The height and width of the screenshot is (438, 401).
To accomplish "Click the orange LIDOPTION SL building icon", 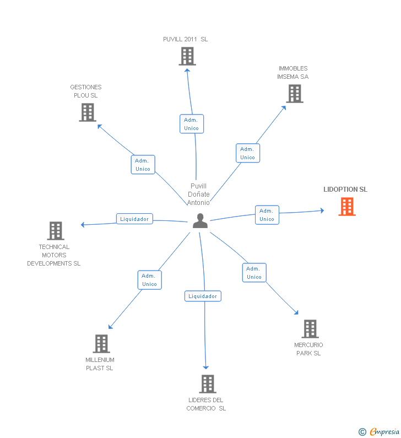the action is [x=347, y=207].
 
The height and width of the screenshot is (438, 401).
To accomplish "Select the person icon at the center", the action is [x=200, y=221].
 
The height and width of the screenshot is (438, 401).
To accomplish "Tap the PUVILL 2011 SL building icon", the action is [x=187, y=56].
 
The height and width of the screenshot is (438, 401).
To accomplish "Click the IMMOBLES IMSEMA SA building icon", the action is [x=295, y=94].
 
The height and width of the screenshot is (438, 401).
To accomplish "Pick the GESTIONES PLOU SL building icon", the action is [x=88, y=112].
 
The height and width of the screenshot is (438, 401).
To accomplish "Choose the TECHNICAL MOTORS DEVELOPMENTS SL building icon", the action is [x=56, y=231].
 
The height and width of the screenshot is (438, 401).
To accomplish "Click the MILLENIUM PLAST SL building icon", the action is [x=101, y=344].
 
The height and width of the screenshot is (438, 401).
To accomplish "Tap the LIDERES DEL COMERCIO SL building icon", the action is [x=208, y=384].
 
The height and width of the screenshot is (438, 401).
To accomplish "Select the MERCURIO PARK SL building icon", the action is [x=310, y=329].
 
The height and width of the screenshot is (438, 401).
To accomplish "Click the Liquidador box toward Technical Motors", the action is [x=134, y=219].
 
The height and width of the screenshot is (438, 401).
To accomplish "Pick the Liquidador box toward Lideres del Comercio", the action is [x=203, y=296].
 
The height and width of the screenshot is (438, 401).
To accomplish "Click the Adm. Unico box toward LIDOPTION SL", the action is [x=267, y=215].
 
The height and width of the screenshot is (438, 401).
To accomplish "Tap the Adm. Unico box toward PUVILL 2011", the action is [x=192, y=124].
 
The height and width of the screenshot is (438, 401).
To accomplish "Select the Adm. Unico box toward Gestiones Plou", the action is [x=143, y=165].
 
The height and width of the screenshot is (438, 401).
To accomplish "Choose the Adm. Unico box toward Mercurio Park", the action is [x=254, y=273].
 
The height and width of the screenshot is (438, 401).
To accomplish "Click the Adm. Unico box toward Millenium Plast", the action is [x=149, y=280].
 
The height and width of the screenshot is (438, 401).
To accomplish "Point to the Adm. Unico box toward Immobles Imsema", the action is [x=248, y=153].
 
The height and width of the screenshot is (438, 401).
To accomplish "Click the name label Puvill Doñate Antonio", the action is [x=198, y=194].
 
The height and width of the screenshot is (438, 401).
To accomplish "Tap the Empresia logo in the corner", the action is [x=378, y=431].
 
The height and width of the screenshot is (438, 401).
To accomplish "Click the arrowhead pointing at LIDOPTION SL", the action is [x=322, y=210].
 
